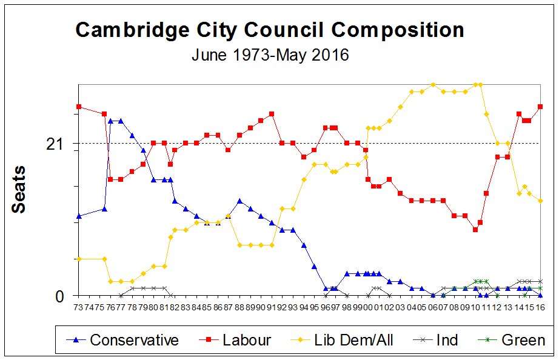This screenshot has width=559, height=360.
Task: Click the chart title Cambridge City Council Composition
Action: click(270, 30)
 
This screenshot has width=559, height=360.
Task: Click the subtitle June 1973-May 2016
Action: click(270, 55)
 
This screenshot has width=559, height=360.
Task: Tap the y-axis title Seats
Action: click(19, 189)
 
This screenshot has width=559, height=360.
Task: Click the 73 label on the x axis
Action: click(79, 308)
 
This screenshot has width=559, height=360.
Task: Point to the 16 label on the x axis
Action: click(540, 308)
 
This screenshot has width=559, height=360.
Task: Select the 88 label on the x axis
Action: click(239, 308)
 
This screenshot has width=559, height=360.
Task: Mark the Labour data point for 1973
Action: click(79, 107)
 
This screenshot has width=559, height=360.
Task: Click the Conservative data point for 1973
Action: click(79, 216)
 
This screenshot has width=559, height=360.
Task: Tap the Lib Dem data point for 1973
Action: click(79, 259)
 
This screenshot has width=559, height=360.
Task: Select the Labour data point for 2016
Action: click(540, 107)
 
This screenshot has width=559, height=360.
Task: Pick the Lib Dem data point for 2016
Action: click(540, 201)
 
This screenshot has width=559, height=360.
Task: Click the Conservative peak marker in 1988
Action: click(239, 201)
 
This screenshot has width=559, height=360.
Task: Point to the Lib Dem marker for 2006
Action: click(433, 85)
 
